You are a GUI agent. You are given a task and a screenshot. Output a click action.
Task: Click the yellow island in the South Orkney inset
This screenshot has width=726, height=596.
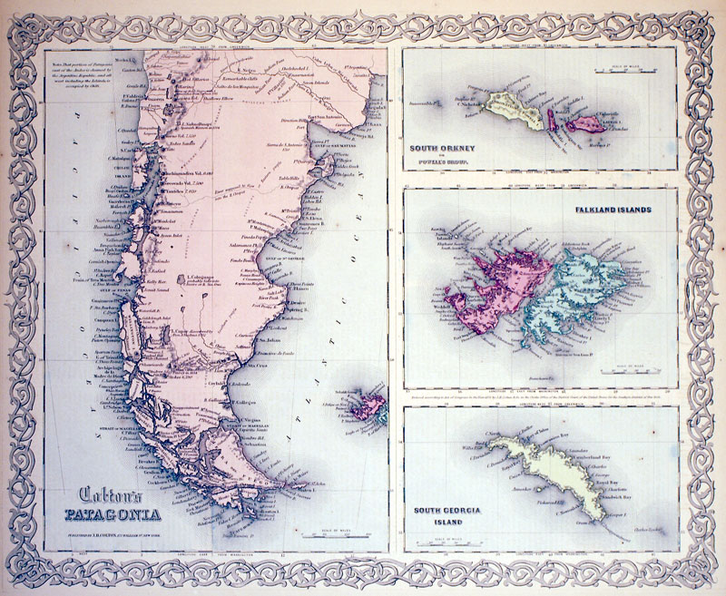[508, 112]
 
